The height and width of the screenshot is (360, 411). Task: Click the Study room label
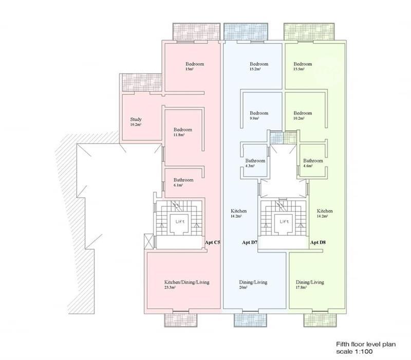136,119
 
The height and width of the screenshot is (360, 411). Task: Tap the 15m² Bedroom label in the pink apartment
195,64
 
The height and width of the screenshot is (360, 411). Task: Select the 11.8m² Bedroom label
183,130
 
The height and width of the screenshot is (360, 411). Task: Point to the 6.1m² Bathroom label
183,180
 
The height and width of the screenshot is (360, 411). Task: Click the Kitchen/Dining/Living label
187,282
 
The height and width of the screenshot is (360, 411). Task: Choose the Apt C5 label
212,242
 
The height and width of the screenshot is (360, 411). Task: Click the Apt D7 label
250,242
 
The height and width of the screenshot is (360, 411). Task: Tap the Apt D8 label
318,242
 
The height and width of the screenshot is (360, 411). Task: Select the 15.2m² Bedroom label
259,64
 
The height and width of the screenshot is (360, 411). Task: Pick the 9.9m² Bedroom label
259,113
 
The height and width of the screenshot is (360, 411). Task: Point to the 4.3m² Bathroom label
255,161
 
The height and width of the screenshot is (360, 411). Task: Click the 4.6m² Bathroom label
313,161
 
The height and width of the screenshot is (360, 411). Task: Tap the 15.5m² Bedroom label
303,64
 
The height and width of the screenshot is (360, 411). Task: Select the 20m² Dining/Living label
253,282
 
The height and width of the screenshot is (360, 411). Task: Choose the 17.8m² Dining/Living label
310,282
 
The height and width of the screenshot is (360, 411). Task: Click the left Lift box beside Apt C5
180,223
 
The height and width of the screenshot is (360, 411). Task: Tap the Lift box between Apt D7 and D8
284,223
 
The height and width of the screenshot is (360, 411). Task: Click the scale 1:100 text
354,351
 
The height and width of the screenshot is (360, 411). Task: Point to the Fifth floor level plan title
366,344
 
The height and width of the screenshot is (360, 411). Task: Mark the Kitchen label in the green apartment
325,211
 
